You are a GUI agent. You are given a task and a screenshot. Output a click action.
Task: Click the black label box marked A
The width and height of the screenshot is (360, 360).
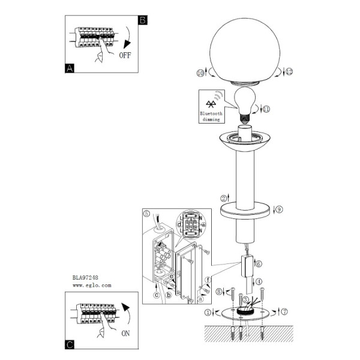point(70,68)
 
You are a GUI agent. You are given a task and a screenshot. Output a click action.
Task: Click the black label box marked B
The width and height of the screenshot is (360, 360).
point(143,20)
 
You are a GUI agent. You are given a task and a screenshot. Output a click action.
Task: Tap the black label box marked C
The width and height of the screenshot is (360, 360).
point(70,344)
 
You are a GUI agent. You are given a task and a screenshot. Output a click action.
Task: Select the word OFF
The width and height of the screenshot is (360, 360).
point(125,55)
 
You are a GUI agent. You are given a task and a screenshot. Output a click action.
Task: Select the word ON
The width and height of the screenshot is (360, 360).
point(125,334)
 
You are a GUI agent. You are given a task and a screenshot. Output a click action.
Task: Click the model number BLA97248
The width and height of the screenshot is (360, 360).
point(85,278)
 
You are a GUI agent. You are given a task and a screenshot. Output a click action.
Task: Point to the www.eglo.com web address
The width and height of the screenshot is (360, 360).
point(92,286)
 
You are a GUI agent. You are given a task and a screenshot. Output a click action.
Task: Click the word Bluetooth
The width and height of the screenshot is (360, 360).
point(211,113)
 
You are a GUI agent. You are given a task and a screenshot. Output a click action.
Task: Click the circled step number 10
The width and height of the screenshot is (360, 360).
point(200,73)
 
